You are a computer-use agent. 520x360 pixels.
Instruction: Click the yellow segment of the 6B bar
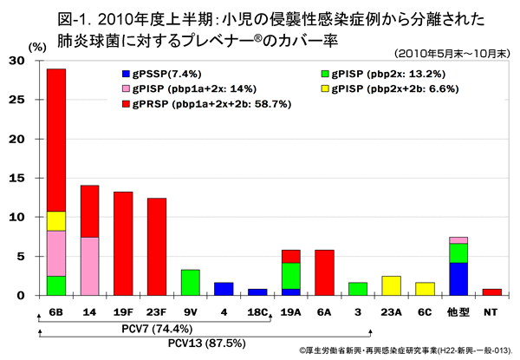(55, 220)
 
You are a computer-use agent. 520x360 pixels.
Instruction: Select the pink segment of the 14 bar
(89, 265)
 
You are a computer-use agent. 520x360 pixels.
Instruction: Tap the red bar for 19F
(123, 243)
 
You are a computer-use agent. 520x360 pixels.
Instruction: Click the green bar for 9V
(191, 282)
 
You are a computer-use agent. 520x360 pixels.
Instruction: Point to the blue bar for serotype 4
(224, 289)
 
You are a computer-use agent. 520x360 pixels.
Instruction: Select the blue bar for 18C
(257, 292)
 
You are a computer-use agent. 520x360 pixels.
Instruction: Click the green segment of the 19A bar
(291, 275)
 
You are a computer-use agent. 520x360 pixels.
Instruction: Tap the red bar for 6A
(324, 272)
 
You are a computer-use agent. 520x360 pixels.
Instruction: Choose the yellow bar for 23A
(391, 285)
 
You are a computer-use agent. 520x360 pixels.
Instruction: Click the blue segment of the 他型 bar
(458, 278)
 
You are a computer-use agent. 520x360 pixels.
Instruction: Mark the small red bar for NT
(491, 292)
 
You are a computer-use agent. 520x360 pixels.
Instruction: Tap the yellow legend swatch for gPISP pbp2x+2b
(325, 89)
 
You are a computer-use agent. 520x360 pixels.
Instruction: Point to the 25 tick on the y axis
(28, 100)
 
